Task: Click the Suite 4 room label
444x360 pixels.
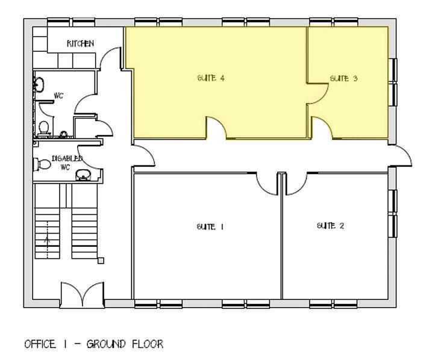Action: (211, 78)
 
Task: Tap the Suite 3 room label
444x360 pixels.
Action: (344, 78)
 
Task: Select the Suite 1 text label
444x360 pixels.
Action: (210, 227)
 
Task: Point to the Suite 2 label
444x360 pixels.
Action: (331, 226)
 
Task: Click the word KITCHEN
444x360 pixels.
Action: (80, 43)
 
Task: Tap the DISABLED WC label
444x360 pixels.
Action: (67, 163)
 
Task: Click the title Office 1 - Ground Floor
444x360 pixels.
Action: (94, 344)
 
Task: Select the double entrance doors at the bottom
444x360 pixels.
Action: (82, 294)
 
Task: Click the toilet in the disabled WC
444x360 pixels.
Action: (42, 164)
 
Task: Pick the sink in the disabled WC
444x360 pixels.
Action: (83, 175)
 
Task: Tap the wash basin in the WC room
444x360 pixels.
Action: (39, 84)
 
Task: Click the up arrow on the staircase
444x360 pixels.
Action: (47, 240)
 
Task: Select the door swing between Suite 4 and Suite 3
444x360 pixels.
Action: (317, 94)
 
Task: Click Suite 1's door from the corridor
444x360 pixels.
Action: (267, 184)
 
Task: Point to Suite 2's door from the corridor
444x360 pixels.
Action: (296, 184)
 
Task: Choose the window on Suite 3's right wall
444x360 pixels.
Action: (392, 82)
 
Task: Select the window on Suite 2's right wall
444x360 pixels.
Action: (392, 214)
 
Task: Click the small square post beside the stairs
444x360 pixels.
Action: (101, 261)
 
